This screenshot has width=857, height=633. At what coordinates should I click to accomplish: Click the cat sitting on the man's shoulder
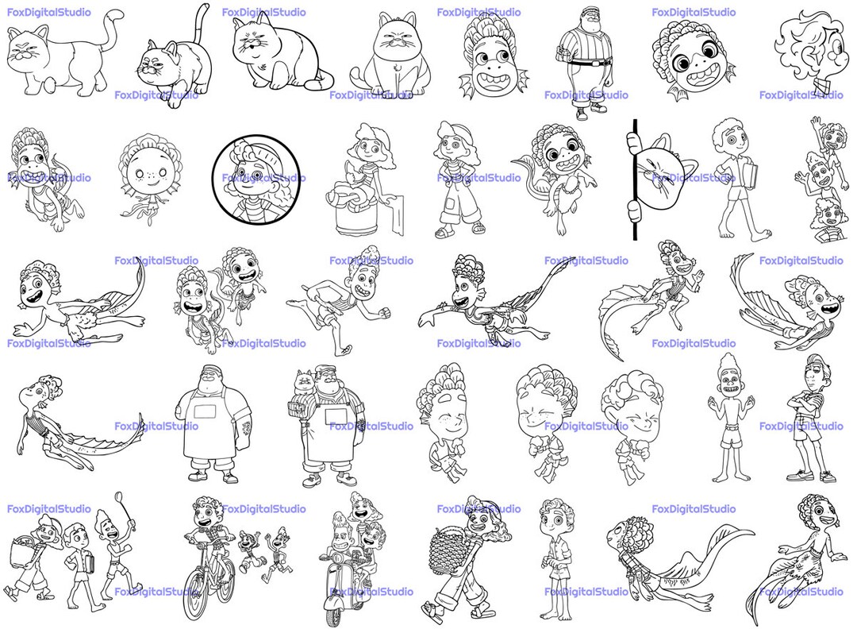point(302,385)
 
